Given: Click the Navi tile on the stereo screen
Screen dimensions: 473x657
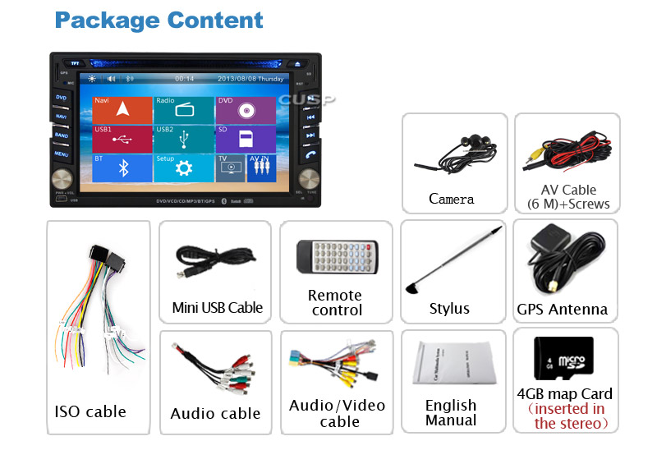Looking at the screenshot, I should (x=122, y=110).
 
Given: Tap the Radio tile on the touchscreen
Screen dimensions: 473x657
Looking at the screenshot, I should (x=184, y=110).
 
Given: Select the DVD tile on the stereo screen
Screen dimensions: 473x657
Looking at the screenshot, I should (x=246, y=110).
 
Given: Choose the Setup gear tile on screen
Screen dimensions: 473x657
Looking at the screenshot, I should (x=184, y=168).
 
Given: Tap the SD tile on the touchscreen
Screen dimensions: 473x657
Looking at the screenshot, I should (x=246, y=138).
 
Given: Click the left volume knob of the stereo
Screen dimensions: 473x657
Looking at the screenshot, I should (x=61, y=180).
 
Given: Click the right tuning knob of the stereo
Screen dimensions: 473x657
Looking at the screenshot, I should (x=309, y=180).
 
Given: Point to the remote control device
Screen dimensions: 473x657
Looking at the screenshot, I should (x=337, y=257).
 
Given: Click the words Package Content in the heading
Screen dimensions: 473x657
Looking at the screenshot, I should (x=159, y=20).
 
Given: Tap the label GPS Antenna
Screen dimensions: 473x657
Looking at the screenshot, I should (x=563, y=310).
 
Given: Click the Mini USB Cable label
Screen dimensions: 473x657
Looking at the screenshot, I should (x=218, y=308).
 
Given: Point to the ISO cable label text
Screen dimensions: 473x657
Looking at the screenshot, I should (x=90, y=411).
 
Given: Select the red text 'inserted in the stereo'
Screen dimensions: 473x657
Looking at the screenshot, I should (x=566, y=416).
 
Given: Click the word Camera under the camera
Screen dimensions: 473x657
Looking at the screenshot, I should (x=452, y=199).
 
